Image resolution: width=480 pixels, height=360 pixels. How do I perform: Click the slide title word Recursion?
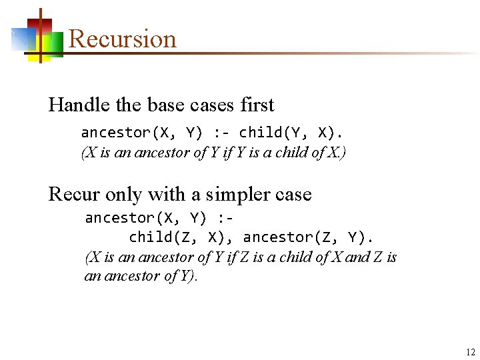tap(123, 39)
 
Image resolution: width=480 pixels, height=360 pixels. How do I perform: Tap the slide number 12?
tap(471, 353)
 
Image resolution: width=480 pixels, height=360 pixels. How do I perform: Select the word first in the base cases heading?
tap(256, 105)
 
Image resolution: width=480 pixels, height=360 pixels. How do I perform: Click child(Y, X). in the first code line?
tap(292, 133)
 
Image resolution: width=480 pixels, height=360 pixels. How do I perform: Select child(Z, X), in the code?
tap(179, 237)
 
